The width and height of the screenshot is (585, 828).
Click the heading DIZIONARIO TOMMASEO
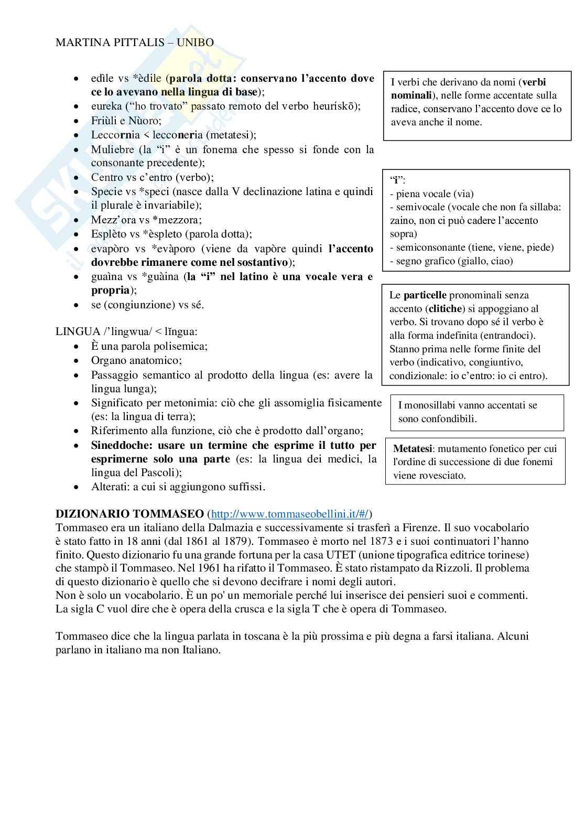[130, 514]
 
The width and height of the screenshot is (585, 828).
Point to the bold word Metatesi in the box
[413, 449]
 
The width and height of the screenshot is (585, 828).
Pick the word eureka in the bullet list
[106, 106]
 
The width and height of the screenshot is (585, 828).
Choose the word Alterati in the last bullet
[110, 487]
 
